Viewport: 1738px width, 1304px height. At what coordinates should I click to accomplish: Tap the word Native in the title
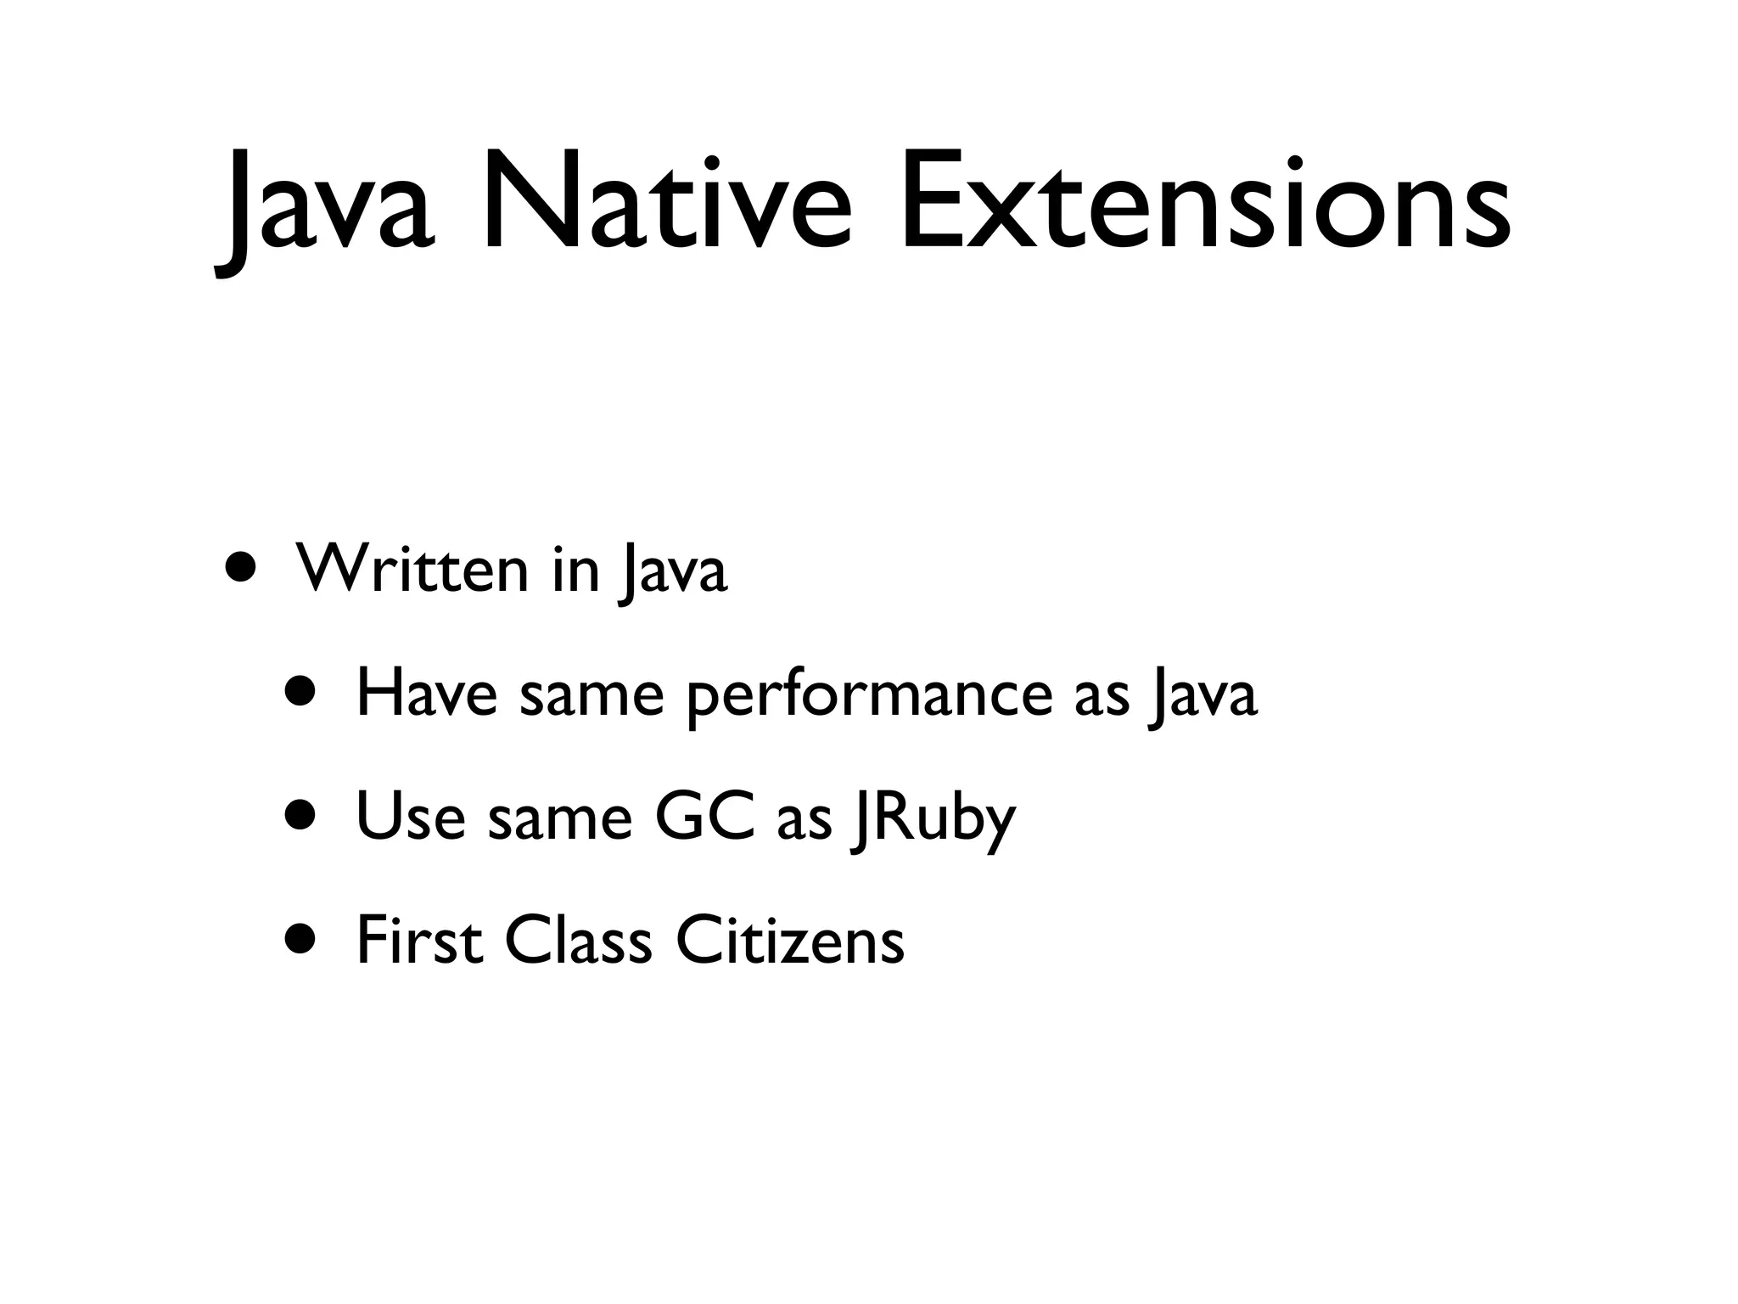pyautogui.click(x=664, y=202)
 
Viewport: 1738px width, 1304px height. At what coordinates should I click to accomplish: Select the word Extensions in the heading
pyautogui.click(x=1204, y=202)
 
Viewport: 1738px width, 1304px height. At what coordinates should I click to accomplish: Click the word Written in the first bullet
pyautogui.click(x=412, y=570)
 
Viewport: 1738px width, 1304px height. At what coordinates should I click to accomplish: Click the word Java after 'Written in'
pyautogui.click(x=673, y=573)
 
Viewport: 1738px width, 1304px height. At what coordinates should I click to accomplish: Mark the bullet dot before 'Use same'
pyautogui.click(x=303, y=814)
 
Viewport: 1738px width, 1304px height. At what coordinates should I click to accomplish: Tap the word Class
pyautogui.click(x=578, y=940)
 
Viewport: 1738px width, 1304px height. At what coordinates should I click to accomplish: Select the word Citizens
pyautogui.click(x=790, y=940)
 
